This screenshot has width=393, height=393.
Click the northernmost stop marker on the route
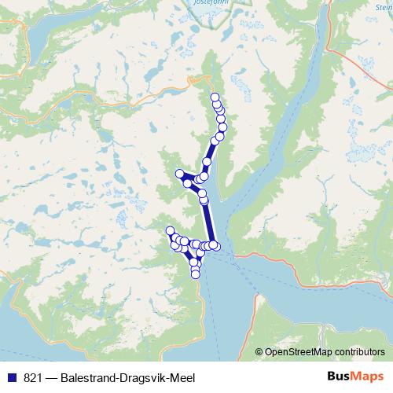point(215,97)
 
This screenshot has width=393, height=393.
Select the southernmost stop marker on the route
point(196,274)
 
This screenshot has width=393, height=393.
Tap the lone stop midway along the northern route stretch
point(207,162)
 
